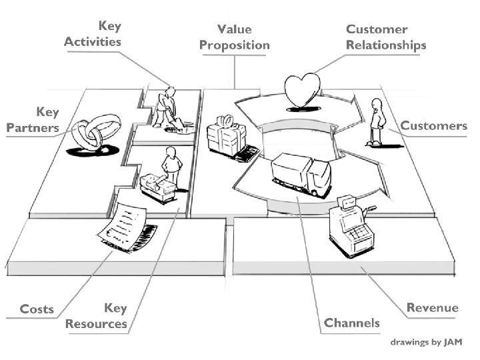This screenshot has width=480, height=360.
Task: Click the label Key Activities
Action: [x=93, y=33]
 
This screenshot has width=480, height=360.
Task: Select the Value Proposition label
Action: [x=234, y=37]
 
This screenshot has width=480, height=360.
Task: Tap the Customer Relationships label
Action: [x=386, y=37]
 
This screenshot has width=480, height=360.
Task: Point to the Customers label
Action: [x=433, y=125]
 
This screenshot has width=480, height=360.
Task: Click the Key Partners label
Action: [x=33, y=120]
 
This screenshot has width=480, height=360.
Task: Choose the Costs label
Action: [x=37, y=309]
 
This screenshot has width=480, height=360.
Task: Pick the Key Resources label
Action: [x=97, y=316]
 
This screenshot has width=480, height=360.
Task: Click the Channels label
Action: [x=352, y=323]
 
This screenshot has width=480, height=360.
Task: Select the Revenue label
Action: [x=433, y=307]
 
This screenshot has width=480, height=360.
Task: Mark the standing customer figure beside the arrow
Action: [x=377, y=122]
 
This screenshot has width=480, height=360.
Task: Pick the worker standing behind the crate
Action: [x=171, y=167]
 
